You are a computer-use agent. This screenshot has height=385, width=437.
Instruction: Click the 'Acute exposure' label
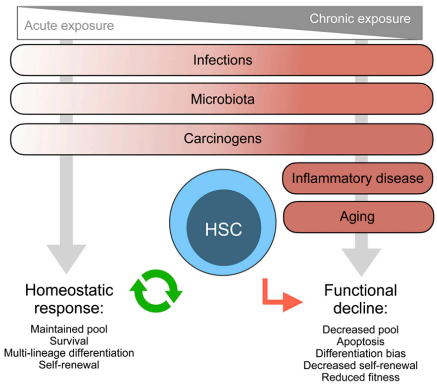coord(69,26)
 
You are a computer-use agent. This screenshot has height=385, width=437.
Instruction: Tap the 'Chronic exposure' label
coord(360,19)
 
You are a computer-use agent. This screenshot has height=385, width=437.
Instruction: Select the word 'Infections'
coord(223,60)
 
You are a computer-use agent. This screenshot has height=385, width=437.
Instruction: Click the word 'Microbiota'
coord(223,99)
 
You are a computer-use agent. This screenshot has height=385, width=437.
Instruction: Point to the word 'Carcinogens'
coord(223,139)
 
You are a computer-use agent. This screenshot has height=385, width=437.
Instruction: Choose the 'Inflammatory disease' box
coord(358,178)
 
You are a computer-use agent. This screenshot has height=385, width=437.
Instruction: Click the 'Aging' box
coord(358,217)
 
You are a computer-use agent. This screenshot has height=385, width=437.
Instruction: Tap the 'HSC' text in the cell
coord(223,230)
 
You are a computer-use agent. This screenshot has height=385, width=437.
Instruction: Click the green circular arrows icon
coord(156,291)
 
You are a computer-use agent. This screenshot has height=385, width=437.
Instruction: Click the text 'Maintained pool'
coord(69,329)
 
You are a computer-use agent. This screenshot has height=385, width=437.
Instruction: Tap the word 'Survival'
coord(69,341)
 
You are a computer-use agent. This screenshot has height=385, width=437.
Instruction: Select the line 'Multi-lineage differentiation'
coord(69,353)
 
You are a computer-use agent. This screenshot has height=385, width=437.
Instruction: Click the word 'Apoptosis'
coord(361,342)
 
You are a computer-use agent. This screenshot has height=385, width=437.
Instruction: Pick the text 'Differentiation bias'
coord(361,354)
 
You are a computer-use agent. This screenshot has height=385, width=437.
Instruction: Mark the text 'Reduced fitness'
coord(361,377)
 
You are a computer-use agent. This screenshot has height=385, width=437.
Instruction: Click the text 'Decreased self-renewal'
coord(361,365)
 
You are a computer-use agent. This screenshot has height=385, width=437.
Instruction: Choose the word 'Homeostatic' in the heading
coord(69,290)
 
